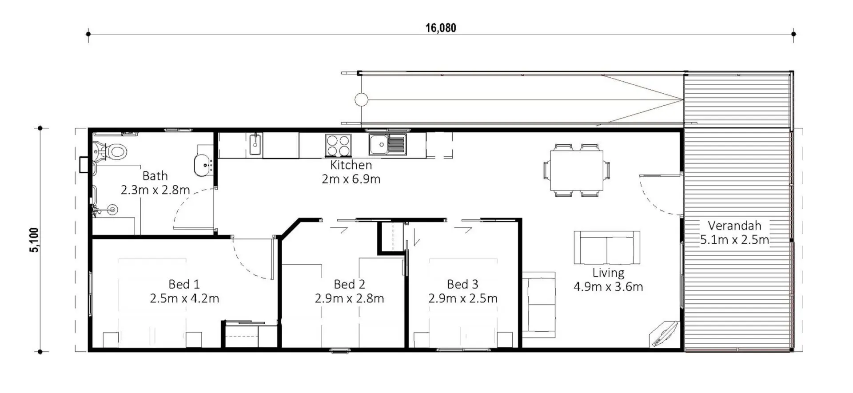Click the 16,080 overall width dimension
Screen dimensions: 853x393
pos(441,28)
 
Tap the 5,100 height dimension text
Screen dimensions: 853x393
pos(34,240)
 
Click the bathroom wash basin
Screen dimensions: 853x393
pos(203,165)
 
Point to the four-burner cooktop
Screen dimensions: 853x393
pos(338,145)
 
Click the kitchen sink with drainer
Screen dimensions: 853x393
pos(387,144)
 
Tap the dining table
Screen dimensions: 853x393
pos(577,171)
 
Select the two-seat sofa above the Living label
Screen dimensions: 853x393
pos(607,247)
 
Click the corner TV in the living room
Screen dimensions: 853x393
pos(663,334)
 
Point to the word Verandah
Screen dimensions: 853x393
pos(734,226)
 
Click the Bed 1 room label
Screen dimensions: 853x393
pos(184,284)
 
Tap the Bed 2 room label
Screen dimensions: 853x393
pos(349,284)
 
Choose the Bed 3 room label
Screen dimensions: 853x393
pos(462,284)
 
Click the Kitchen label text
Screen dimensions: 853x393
pos(351,165)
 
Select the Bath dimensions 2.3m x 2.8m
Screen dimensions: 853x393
pos(155,190)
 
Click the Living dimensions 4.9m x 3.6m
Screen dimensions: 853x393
pos(608,286)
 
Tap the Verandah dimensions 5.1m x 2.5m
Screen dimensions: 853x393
pos(734,240)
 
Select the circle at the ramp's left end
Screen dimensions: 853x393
pos(361,99)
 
